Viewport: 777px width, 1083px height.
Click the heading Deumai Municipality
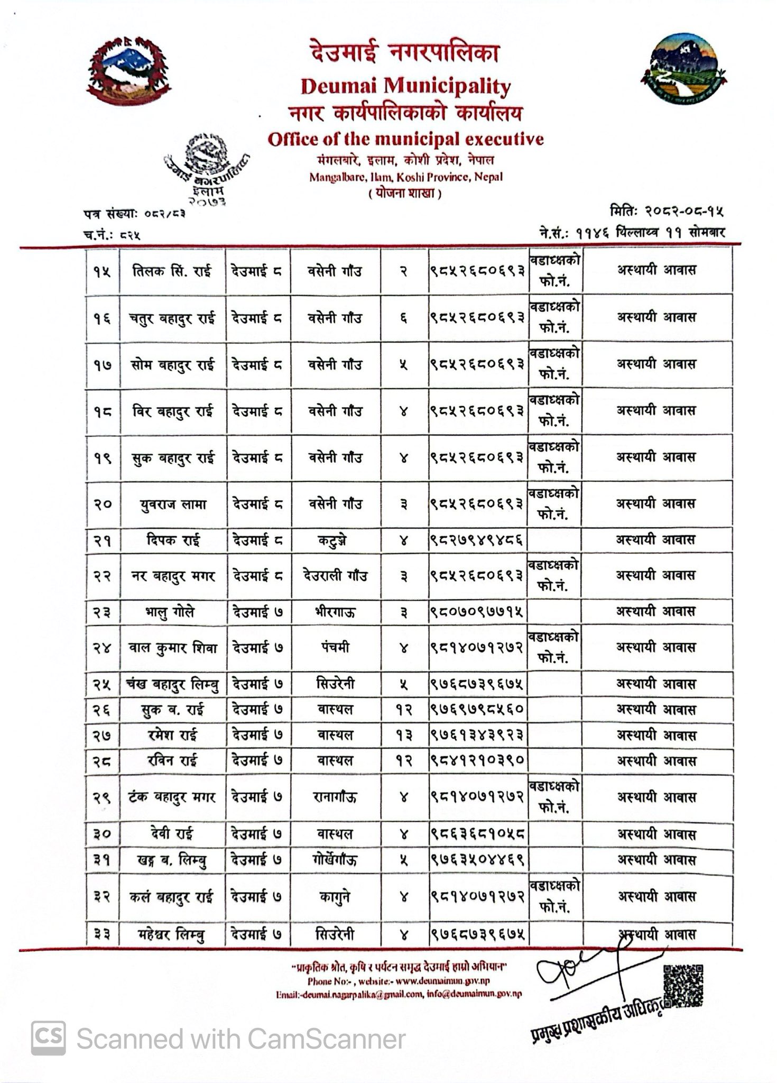click(405, 86)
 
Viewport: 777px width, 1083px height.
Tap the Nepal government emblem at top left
click(128, 71)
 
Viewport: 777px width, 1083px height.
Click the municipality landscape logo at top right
click(683, 69)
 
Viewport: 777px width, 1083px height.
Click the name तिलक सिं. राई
click(172, 271)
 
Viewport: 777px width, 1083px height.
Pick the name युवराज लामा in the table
click(173, 504)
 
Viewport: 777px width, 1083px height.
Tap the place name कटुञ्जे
click(335, 540)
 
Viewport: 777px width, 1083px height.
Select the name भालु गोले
click(170, 612)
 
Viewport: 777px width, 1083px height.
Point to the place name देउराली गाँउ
click(335, 575)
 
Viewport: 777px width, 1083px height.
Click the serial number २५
click(102, 684)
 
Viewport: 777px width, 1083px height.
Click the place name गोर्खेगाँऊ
click(335, 859)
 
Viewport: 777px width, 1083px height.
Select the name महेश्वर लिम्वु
click(170, 935)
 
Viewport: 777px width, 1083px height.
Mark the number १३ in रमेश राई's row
click(404, 735)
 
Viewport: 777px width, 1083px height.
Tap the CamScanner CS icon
click(49, 1038)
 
